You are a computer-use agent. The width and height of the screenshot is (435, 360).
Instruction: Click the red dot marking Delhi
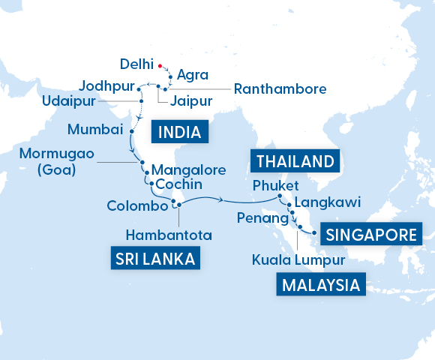[160, 64]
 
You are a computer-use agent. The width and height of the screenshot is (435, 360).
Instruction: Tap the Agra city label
[193, 75]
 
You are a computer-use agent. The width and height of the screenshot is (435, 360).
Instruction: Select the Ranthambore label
[280, 88]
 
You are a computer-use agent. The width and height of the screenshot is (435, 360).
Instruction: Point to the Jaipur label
[192, 100]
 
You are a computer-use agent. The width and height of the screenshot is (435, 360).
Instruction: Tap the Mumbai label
[95, 129]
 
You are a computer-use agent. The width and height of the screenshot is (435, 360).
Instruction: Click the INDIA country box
[180, 133]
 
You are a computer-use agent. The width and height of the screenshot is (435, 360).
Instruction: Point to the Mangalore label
[188, 170]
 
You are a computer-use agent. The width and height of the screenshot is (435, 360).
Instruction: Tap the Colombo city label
[136, 205]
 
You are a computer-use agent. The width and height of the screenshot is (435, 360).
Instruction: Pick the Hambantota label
[169, 235]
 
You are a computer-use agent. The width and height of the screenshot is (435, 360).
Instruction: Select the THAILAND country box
[294, 161]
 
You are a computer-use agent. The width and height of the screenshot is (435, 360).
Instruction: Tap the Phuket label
[276, 185]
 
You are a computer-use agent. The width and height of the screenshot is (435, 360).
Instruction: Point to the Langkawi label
[328, 202]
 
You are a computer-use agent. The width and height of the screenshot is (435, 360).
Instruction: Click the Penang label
[262, 218]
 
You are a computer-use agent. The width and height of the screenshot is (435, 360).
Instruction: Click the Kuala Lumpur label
[298, 260]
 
